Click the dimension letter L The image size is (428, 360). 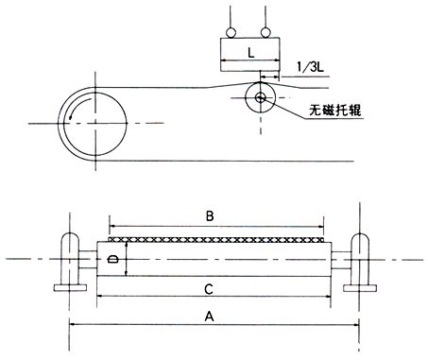[250, 53]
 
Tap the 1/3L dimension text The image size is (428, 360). [310, 66]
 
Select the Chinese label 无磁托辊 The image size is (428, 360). [334, 110]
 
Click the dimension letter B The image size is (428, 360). [210, 216]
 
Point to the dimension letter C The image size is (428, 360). [209, 289]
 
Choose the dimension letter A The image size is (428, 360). [209, 317]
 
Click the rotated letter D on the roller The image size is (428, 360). [112, 259]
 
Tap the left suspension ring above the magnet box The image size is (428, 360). [231, 33]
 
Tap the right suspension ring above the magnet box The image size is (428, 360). [265, 33]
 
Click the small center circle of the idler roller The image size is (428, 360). [261, 98]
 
